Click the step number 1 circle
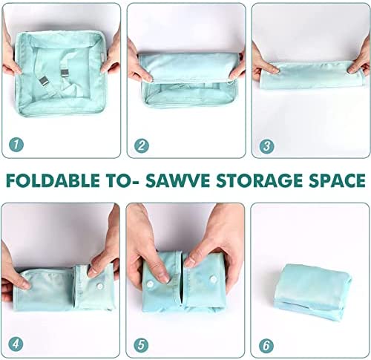[16, 145]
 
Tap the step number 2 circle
[142, 145]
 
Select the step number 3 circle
[266, 146]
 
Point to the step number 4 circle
[16, 344]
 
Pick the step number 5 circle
[141, 345]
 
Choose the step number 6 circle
[266, 345]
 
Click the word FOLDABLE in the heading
[53, 180]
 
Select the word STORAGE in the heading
[259, 180]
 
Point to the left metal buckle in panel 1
[44, 82]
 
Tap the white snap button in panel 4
[99, 286]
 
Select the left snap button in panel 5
[151, 284]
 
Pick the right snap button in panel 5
[213, 279]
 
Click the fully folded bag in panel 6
[313, 292]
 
